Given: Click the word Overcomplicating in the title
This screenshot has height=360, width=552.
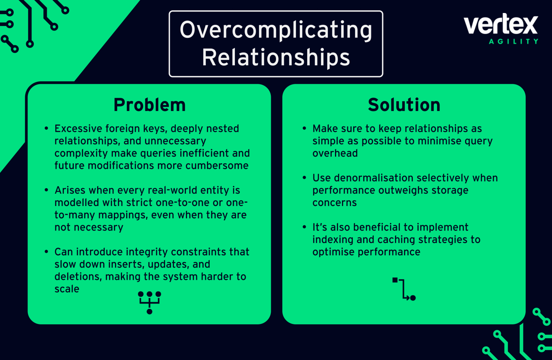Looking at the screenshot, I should point(276,30).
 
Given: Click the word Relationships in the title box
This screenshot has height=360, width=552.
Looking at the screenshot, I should point(276,58).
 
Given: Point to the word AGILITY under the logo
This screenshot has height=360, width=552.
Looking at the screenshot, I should point(513,42).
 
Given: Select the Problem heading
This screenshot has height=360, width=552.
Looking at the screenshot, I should point(149,105).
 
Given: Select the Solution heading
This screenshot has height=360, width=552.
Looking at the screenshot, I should point(404,105).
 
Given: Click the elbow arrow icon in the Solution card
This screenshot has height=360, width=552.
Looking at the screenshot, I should point(404,289).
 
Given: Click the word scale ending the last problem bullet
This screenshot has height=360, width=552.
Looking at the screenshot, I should point(67,289).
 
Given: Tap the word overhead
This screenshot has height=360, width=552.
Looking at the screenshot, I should point(335,153).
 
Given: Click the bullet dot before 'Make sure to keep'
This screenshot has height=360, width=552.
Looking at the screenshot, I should point(304,128).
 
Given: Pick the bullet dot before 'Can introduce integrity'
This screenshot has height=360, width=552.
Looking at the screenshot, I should point(46,252).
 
